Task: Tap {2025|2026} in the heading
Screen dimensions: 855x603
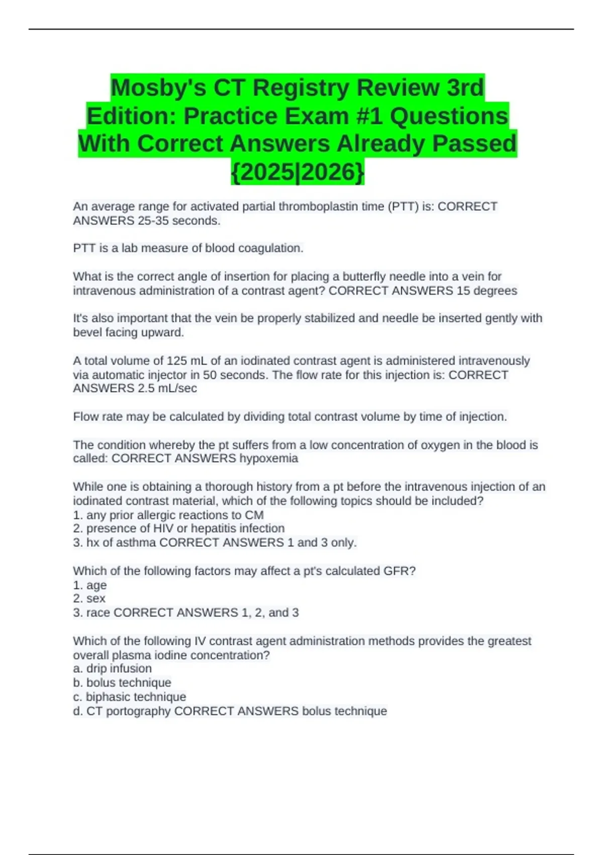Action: (x=297, y=172)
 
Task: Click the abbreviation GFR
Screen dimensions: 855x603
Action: (x=398, y=571)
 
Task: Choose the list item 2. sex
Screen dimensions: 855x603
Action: (x=89, y=598)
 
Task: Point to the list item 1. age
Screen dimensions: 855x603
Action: (x=90, y=585)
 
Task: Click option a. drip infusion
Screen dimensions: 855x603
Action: (x=112, y=668)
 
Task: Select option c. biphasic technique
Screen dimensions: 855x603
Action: (x=129, y=697)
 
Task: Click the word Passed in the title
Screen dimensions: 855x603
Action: (x=474, y=144)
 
